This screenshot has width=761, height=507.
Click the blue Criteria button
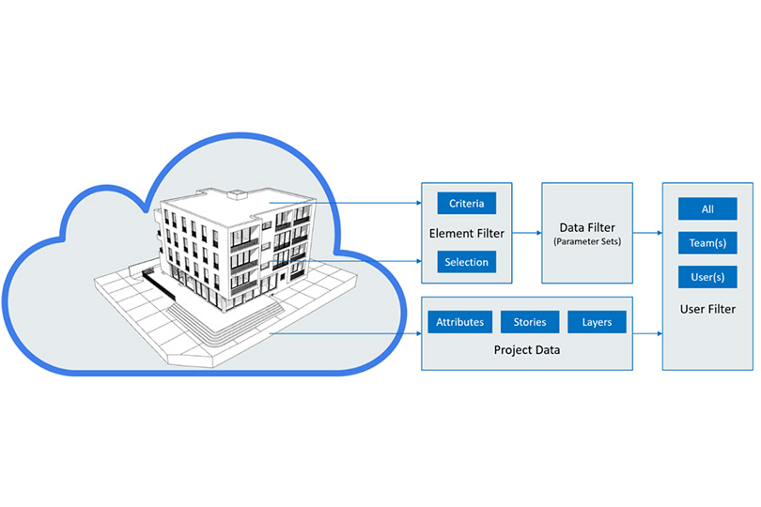coord(466,204)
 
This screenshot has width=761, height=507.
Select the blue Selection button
coord(466,262)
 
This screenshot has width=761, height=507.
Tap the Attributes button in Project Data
coord(459,322)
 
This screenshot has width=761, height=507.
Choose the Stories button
coord(530,322)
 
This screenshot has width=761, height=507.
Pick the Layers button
coord(597,322)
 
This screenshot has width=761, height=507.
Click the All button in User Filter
coord(707,209)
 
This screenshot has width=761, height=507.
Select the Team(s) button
coord(707,243)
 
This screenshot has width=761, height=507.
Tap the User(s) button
coord(707,277)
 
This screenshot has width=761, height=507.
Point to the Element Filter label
coord(467,234)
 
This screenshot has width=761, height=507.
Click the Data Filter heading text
coord(587,227)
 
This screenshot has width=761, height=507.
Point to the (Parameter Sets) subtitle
coord(587,241)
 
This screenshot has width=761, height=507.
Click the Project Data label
coord(526,350)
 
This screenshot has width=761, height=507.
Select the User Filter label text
coord(707,309)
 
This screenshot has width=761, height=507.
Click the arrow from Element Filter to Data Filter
coord(526,233)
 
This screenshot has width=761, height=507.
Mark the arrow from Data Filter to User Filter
coord(647,233)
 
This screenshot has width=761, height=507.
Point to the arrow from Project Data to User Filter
coord(647,334)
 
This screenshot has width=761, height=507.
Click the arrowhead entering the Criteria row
coord(418,203)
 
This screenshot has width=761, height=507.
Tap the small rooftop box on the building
coord(238,194)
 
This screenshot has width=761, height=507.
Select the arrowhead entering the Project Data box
coord(418,333)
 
